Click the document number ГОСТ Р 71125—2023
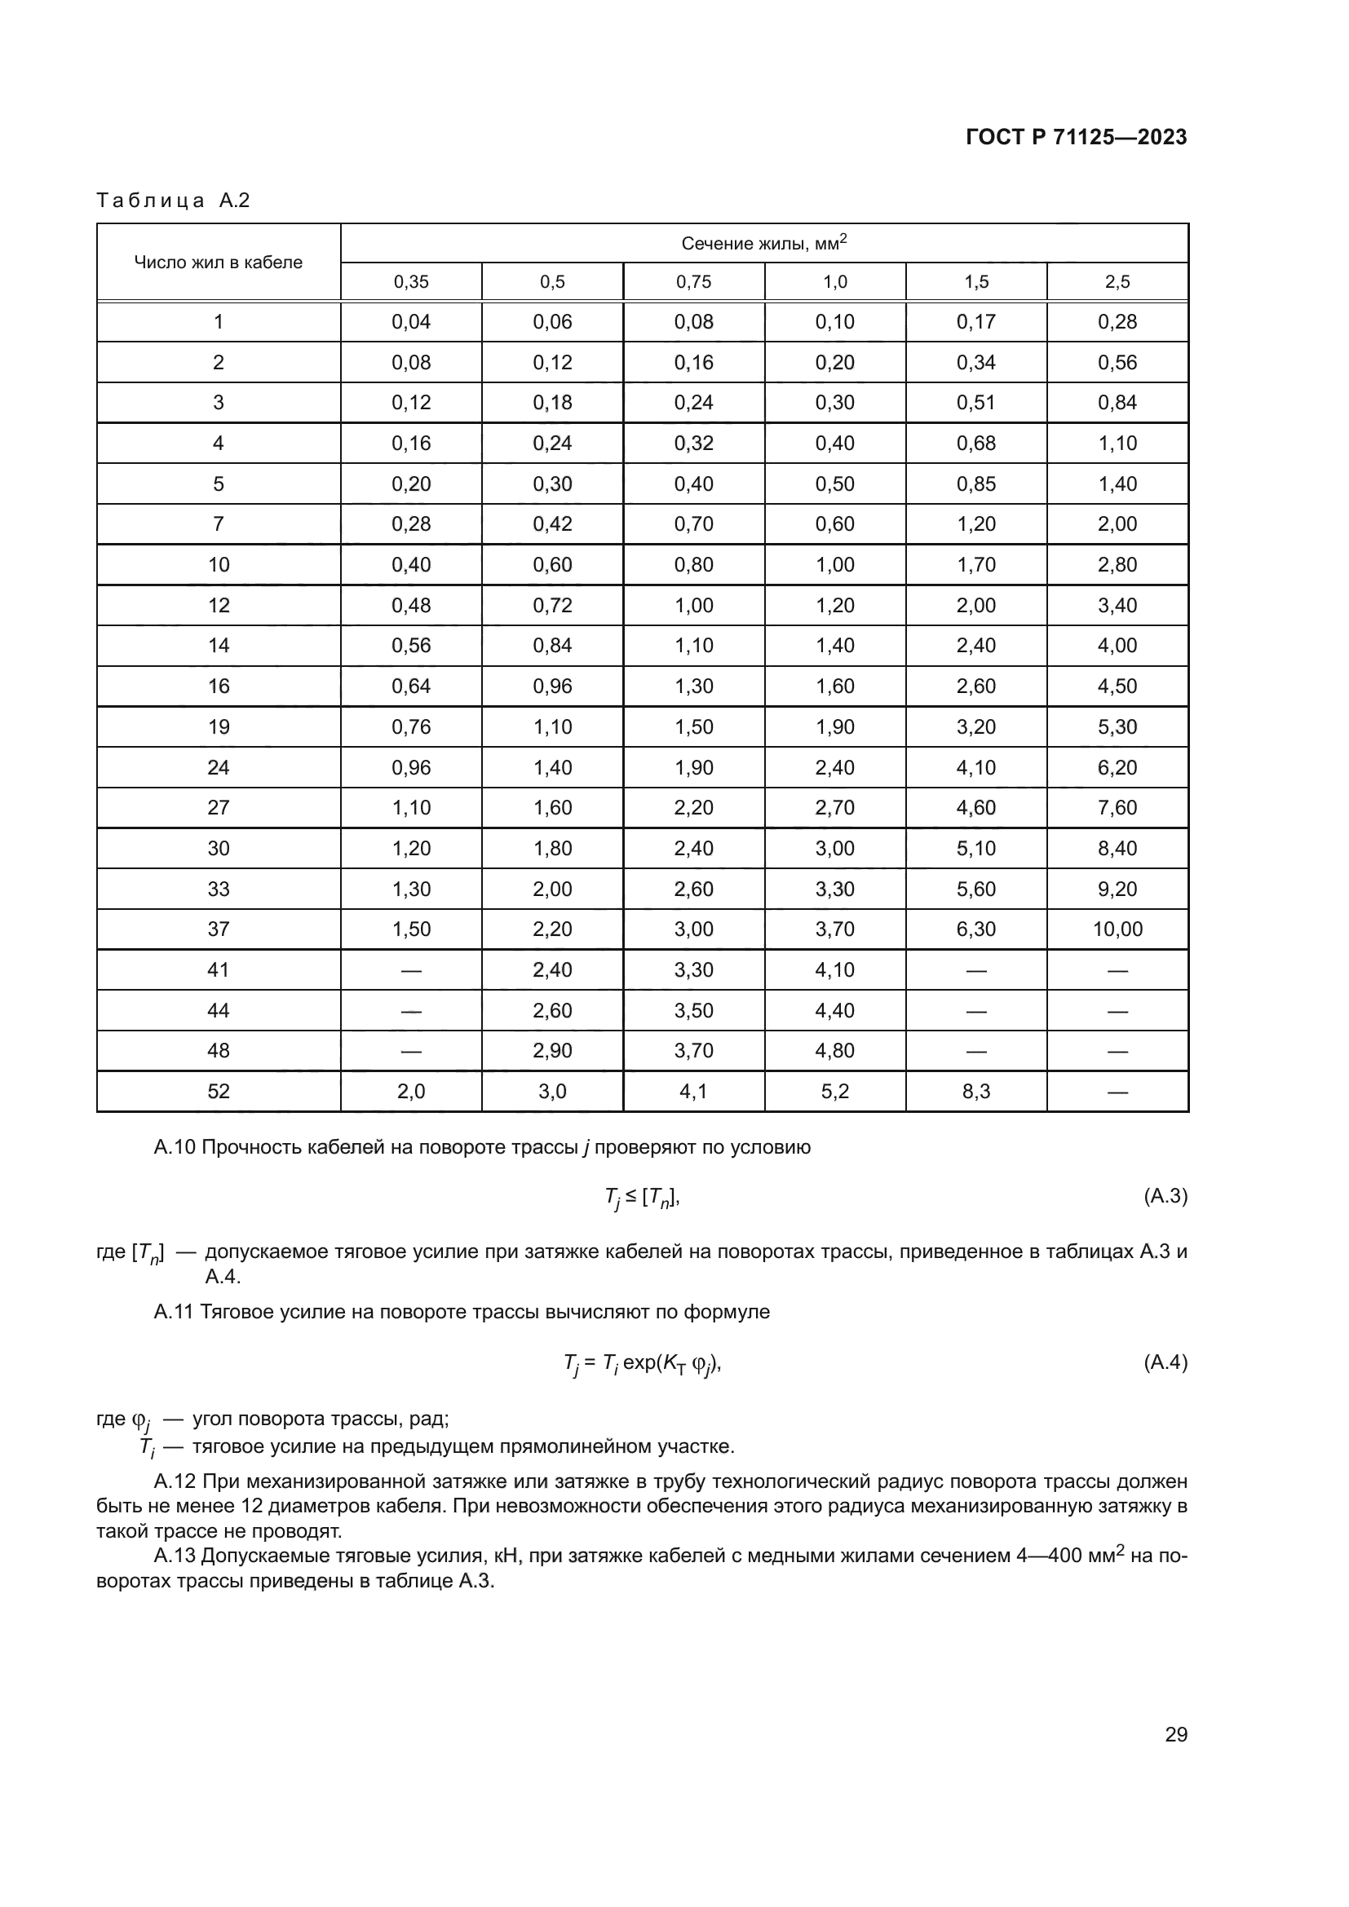click(1077, 138)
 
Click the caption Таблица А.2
click(173, 201)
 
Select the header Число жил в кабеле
click(219, 263)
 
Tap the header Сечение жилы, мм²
click(764, 243)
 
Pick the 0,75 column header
click(693, 282)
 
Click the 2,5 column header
click(1117, 282)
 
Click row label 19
click(219, 726)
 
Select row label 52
click(219, 1092)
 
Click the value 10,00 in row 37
click(1117, 929)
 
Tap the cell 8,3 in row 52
click(976, 1092)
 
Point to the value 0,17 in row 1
click(976, 322)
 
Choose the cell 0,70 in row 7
click(693, 524)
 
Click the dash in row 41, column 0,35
click(411, 970)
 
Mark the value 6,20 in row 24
click(1117, 767)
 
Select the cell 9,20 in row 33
click(1117, 889)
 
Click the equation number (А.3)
click(1165, 1196)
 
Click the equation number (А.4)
click(1165, 1362)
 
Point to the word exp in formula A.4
click(639, 1362)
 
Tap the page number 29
click(1175, 1734)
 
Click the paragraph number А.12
click(175, 1481)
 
